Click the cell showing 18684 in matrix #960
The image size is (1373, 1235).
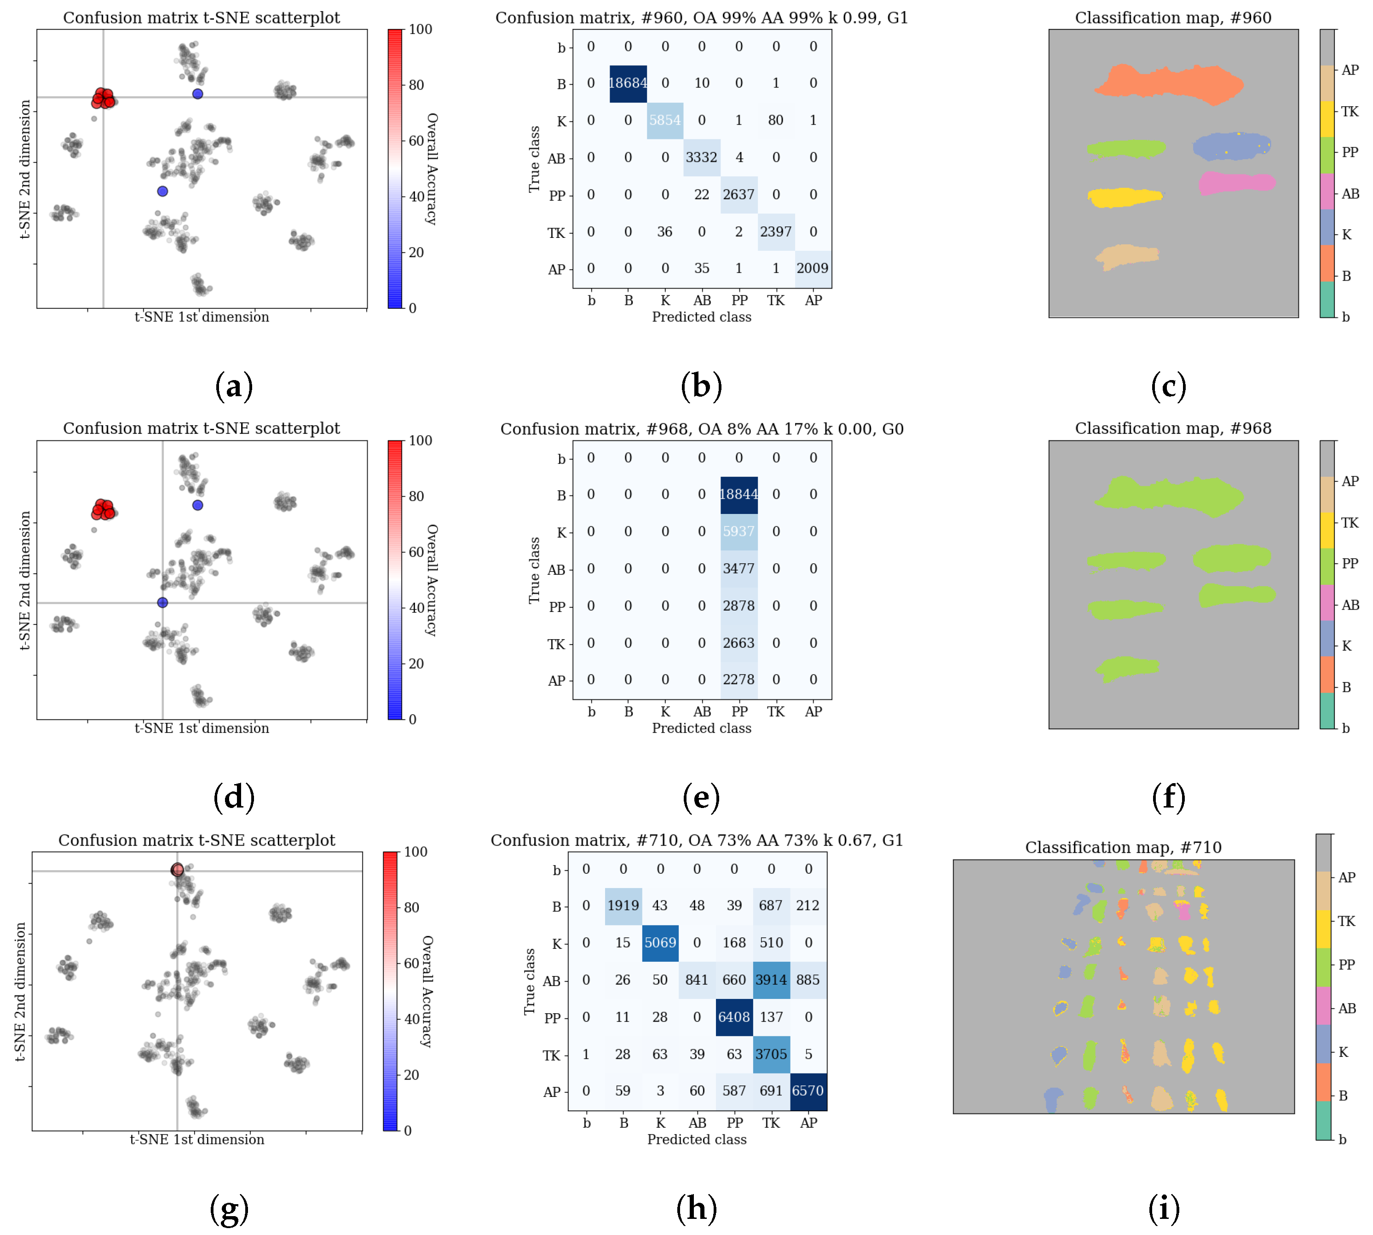point(628,83)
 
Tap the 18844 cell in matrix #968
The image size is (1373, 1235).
point(738,495)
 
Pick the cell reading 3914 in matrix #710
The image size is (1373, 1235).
point(771,980)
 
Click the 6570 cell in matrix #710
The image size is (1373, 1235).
point(808,1091)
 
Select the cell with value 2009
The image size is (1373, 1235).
point(813,268)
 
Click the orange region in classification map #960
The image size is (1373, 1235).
point(1167,84)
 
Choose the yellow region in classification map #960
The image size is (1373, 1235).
point(1124,197)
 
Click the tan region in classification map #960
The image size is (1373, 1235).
point(1127,256)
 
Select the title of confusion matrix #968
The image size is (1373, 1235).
point(702,429)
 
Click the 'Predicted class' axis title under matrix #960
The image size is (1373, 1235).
point(701,317)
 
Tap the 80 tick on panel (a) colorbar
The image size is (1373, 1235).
point(416,85)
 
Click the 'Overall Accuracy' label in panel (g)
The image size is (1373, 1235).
point(427,991)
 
